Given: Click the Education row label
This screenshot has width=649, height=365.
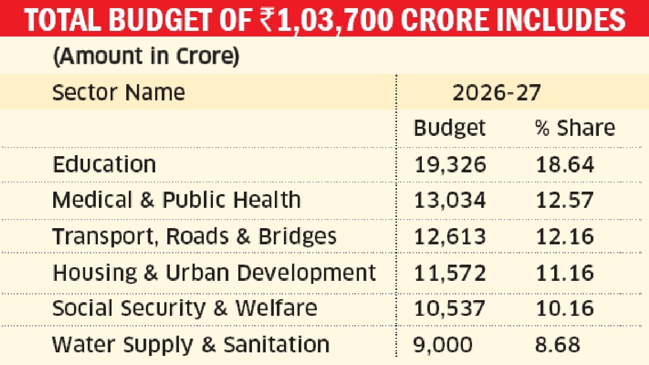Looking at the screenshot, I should click(104, 165).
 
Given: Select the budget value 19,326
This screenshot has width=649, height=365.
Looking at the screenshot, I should click(450, 165).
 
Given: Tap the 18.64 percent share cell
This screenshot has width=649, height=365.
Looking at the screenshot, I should click(565, 165).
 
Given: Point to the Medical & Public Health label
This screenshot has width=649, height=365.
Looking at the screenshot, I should click(176, 200).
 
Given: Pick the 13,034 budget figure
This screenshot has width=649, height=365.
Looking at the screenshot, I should click(450, 200).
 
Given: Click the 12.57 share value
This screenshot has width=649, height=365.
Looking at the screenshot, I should click(565, 200).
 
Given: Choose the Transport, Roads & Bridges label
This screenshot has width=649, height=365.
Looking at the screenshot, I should click(194, 237).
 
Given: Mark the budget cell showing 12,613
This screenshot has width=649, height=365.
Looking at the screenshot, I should click(450, 237).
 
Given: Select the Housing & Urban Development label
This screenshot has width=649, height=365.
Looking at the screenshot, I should click(214, 273).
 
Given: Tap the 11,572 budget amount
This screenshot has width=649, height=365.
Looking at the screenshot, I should click(450, 273).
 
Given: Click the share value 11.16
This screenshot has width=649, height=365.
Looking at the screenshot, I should click(565, 273).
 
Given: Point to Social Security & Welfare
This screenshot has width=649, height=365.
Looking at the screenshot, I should click(185, 308).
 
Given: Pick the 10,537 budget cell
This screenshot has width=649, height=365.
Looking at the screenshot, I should click(450, 308).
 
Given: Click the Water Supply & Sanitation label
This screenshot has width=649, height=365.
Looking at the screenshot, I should click(191, 345).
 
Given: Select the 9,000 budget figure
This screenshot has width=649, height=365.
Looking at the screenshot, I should click(443, 345).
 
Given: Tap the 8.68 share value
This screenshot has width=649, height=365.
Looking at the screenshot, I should click(557, 345).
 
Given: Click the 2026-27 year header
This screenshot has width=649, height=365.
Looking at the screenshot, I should click(496, 93).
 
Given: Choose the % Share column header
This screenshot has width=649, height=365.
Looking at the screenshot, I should click(574, 128).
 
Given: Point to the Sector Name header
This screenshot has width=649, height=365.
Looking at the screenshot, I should click(119, 93).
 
